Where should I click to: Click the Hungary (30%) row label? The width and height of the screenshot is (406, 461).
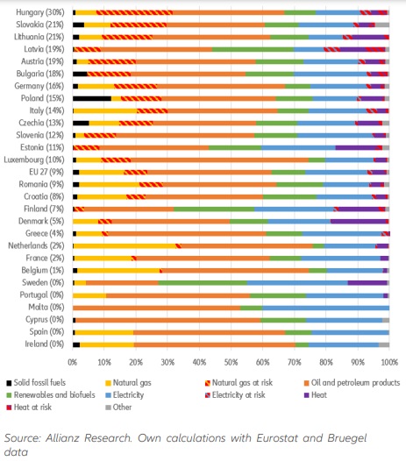(x=39, y=12)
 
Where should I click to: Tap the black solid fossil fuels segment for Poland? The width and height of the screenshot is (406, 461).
(x=92, y=98)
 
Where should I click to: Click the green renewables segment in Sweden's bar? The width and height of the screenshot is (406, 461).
(x=203, y=282)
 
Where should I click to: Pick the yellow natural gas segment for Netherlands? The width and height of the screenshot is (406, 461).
(x=125, y=245)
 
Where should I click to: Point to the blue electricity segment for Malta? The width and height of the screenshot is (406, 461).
(x=326, y=308)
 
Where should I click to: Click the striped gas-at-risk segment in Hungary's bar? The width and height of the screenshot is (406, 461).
(x=134, y=12)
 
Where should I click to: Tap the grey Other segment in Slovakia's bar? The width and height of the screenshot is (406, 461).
(x=382, y=25)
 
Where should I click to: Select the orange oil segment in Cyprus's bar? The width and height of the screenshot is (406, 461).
(x=168, y=320)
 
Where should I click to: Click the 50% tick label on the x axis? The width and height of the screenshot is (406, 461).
(x=231, y=362)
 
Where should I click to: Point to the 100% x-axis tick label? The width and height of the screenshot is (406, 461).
(x=389, y=362)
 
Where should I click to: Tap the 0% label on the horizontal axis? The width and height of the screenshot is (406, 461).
(x=73, y=362)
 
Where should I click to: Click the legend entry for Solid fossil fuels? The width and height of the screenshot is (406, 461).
(x=36, y=383)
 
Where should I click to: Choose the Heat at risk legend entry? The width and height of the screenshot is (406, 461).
(x=29, y=408)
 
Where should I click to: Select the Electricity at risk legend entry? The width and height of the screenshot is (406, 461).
(x=235, y=395)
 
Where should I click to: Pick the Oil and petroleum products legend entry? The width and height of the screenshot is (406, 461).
(x=352, y=383)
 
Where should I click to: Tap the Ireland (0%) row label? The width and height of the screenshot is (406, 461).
(x=44, y=344)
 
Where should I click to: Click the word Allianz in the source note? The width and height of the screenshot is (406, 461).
(x=62, y=438)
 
